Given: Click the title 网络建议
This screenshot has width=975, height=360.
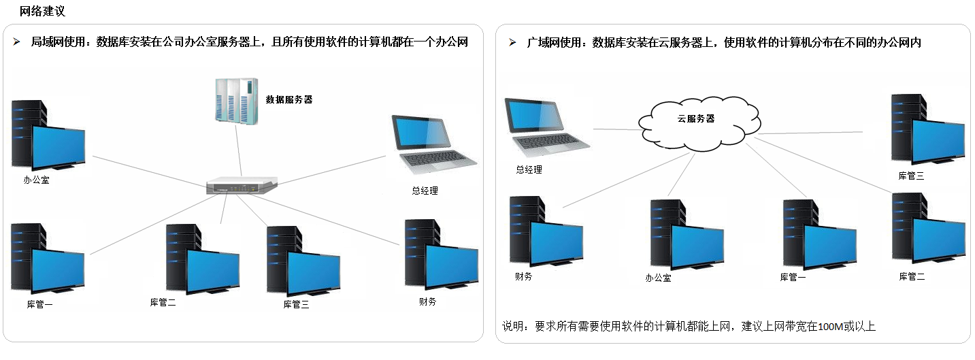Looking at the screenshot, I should (x=43, y=12).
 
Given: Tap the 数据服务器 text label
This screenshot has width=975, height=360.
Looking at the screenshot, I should (x=289, y=99).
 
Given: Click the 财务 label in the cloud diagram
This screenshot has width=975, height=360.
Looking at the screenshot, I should (x=524, y=276).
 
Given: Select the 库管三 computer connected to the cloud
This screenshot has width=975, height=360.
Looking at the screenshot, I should (x=927, y=131).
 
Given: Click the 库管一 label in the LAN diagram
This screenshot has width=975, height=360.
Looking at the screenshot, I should (x=39, y=304).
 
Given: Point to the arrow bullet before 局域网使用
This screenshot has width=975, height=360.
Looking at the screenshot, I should (x=17, y=42).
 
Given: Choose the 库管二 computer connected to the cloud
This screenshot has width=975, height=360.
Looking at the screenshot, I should (x=927, y=230).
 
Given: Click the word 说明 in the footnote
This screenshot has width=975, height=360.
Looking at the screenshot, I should (x=512, y=327).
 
